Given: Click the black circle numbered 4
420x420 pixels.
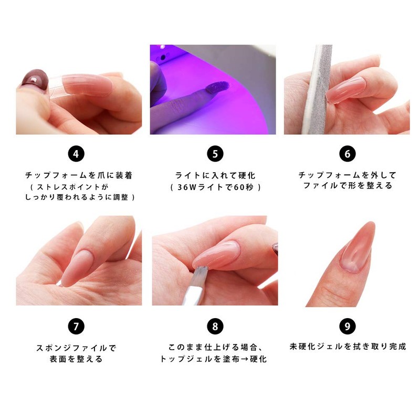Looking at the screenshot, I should coord(76,154).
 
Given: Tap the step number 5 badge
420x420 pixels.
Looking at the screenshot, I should coord(215,154).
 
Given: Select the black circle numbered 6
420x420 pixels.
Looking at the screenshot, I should coord(347,154).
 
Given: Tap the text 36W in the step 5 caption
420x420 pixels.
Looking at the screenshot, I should coord(191,187).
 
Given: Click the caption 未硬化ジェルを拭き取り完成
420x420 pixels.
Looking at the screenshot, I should coord(348,346).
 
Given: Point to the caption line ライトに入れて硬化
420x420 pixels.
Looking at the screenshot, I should coord(215,175).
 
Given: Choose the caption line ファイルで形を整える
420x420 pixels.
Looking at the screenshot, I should coord(348,186).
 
